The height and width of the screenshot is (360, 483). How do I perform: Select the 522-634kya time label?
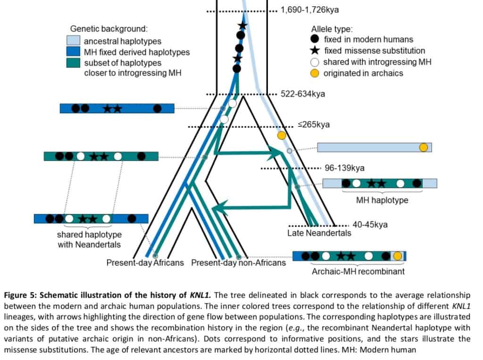303,94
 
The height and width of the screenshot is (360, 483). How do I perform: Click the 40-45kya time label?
370,225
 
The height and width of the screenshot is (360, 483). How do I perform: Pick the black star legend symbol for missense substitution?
315,50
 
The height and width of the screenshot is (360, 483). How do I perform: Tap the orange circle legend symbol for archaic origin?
315,73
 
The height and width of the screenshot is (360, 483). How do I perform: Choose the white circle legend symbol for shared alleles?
315,62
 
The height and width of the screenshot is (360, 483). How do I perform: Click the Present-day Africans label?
145,262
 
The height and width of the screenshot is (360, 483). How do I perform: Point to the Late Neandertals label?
319,233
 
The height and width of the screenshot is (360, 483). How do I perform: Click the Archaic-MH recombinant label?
358,271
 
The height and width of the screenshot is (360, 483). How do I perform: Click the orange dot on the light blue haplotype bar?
424,147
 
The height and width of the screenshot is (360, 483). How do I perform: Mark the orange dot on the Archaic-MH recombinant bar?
398,256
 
